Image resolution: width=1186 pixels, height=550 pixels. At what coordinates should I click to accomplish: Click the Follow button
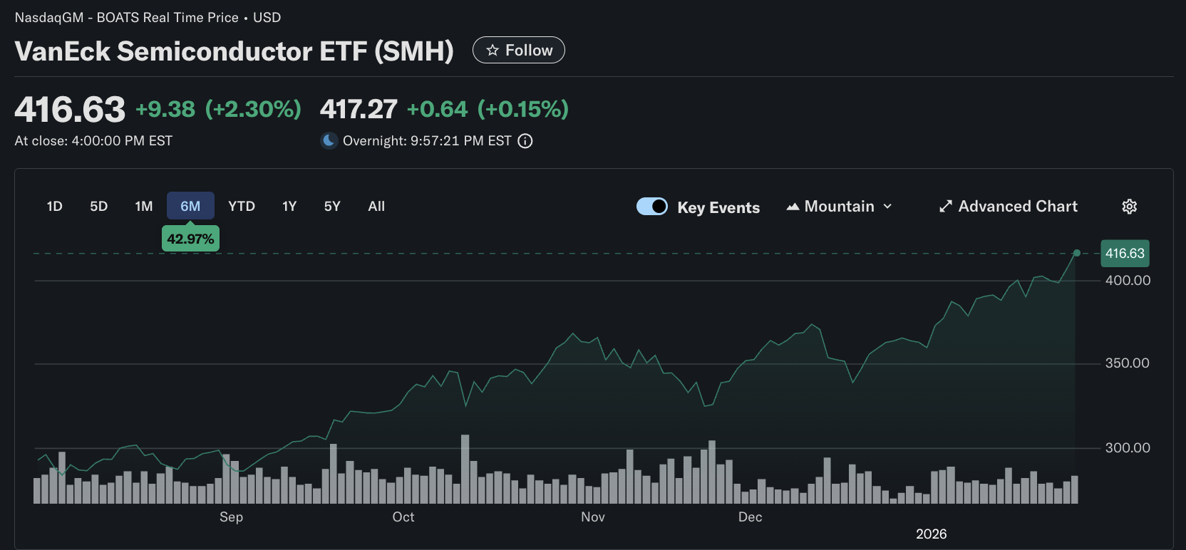click(x=519, y=50)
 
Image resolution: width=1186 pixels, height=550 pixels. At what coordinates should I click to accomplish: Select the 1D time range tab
click(x=55, y=206)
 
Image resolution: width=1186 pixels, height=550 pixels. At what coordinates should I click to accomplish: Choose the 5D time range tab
click(x=98, y=206)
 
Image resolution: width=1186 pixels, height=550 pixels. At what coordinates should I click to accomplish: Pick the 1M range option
click(x=144, y=206)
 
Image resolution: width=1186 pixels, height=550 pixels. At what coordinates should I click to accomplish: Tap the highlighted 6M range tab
click(x=190, y=206)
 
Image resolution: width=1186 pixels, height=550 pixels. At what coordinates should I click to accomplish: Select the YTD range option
click(x=242, y=206)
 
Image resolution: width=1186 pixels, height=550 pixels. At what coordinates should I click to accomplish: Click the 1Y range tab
click(x=289, y=206)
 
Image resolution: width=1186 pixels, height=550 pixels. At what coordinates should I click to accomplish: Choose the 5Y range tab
click(x=332, y=206)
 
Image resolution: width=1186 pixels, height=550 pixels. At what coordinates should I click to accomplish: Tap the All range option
click(x=376, y=206)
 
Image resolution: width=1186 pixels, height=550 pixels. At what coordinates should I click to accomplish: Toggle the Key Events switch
click(x=652, y=207)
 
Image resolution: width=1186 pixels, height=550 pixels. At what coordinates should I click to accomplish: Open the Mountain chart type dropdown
click(x=840, y=207)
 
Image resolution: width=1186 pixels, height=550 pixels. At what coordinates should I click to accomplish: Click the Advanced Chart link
click(x=1009, y=207)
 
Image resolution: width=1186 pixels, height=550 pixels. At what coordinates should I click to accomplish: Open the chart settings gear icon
click(x=1130, y=207)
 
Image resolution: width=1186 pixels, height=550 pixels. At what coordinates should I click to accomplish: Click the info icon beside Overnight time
click(x=525, y=141)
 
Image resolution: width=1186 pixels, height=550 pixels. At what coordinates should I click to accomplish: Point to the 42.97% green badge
click(x=190, y=239)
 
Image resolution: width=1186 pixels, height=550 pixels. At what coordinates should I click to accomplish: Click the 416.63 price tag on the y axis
click(x=1125, y=254)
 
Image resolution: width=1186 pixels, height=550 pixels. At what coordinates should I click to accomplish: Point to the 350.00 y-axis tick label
click(x=1127, y=363)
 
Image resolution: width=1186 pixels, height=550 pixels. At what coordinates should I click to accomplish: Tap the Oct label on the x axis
click(x=403, y=517)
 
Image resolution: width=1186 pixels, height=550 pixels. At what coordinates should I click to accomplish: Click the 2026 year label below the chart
click(x=931, y=534)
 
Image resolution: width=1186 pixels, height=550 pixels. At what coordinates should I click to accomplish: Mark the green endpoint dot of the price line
click(x=1077, y=253)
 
